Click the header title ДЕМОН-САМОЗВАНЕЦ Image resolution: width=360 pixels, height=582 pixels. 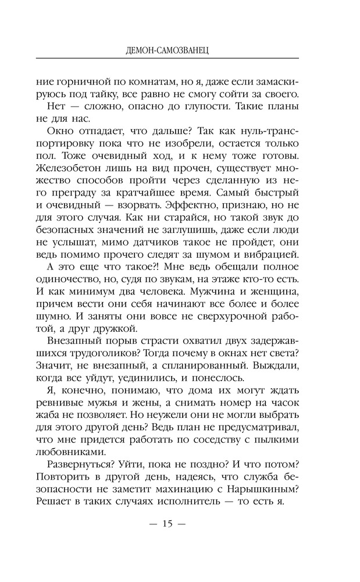coord(167,51)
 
